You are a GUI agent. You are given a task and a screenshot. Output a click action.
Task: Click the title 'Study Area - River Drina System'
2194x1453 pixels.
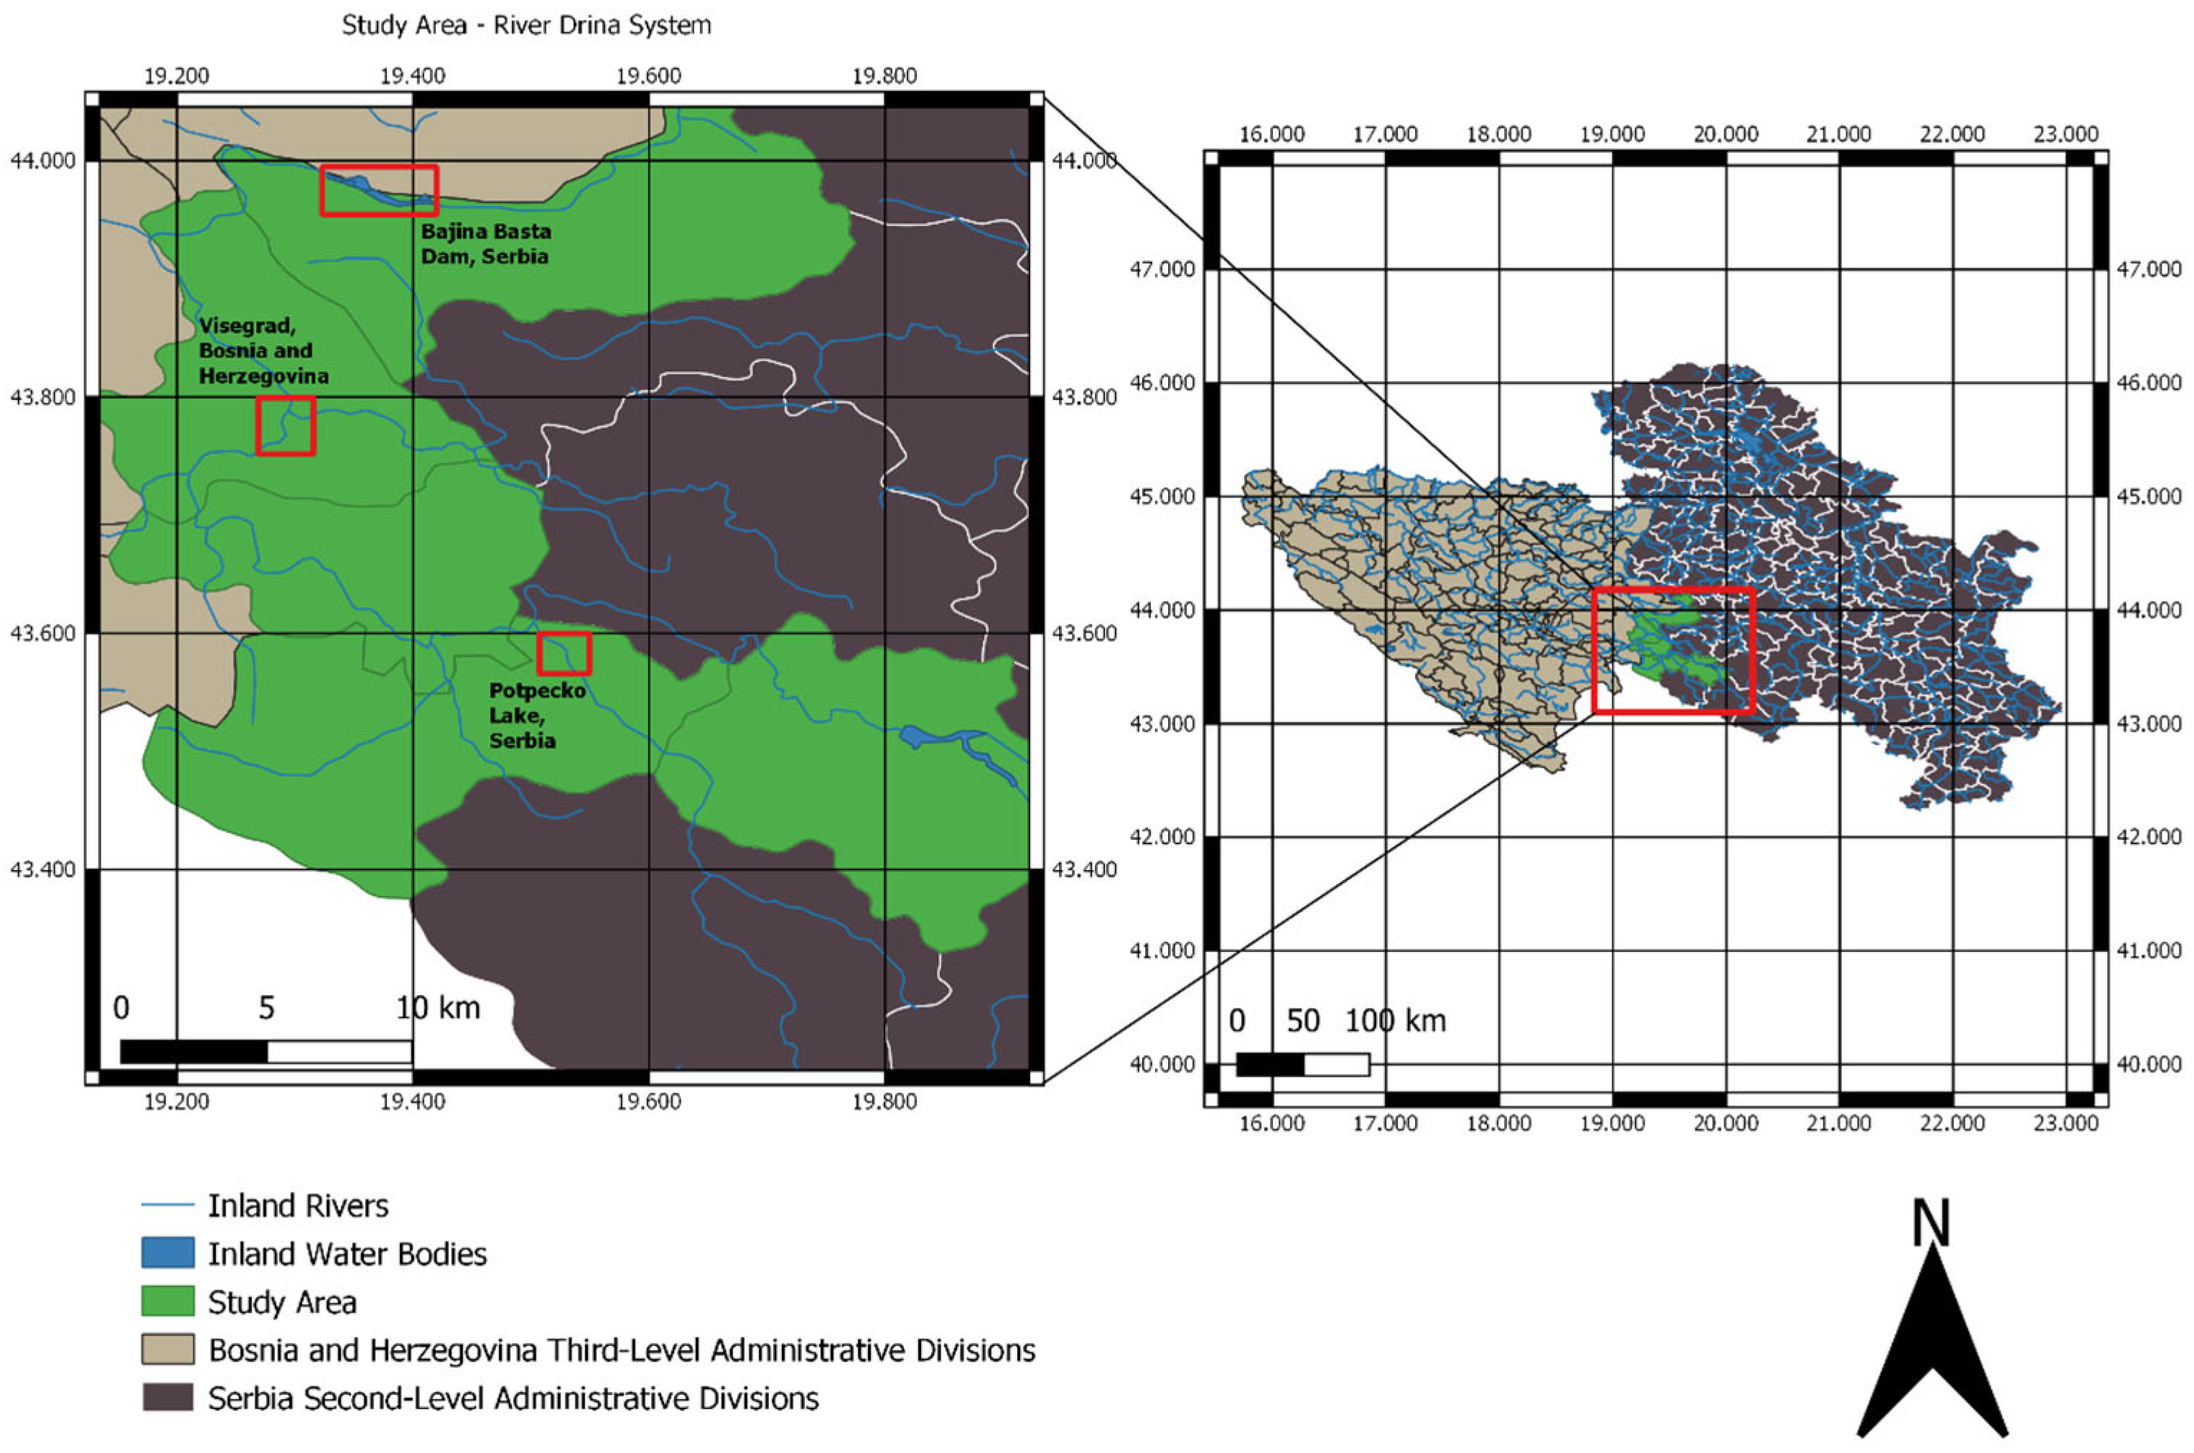pos(526,25)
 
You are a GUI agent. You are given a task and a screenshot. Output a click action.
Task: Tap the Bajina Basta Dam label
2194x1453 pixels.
pos(485,243)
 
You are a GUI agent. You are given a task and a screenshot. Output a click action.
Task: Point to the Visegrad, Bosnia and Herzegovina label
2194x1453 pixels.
pos(263,350)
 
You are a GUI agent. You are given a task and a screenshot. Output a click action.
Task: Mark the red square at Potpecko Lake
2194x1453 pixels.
pos(564,653)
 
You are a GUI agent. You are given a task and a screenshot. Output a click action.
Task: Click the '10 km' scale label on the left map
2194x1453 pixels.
pos(438,1007)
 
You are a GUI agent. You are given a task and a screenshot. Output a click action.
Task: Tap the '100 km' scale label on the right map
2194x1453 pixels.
pos(1396,1020)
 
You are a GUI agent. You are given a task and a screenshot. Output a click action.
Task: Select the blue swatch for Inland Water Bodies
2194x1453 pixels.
pos(168,1253)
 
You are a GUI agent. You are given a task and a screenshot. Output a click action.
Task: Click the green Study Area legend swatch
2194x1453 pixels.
pos(168,1301)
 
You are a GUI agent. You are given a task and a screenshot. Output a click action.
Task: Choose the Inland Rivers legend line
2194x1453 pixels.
pos(168,1205)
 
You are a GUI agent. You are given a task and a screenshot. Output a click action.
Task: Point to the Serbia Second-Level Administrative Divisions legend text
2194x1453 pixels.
pos(513,1398)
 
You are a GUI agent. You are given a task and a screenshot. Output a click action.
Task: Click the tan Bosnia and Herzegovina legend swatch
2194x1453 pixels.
pos(168,1349)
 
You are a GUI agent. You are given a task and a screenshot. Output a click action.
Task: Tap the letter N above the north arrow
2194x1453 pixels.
pos(1931,1223)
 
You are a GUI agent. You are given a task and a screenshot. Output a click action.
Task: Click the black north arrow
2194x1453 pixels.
pos(1933,1363)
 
